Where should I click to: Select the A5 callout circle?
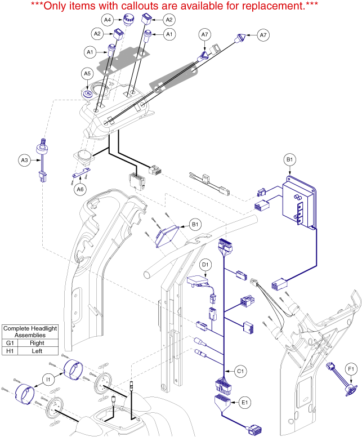(87, 73)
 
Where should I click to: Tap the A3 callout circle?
(24, 160)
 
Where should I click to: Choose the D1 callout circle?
(205, 263)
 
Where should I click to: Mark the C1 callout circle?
(240, 371)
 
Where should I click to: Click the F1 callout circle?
(351, 369)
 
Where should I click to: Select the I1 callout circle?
(49, 380)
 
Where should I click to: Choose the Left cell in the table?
(38, 350)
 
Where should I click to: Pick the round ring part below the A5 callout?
(88, 92)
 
